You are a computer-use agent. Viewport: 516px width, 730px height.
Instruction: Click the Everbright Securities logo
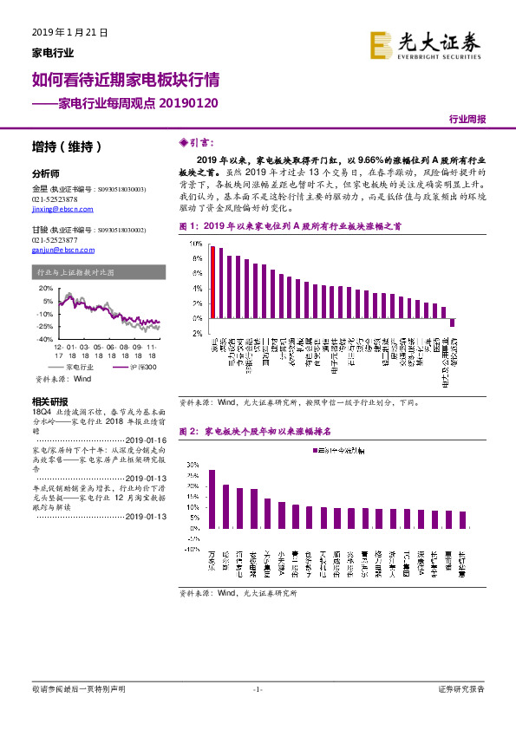(425, 44)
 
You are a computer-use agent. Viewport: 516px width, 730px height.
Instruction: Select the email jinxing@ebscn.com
(56, 209)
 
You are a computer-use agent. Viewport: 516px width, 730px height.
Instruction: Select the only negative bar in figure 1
(452, 323)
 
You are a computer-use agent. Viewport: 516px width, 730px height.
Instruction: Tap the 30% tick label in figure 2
(193, 464)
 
